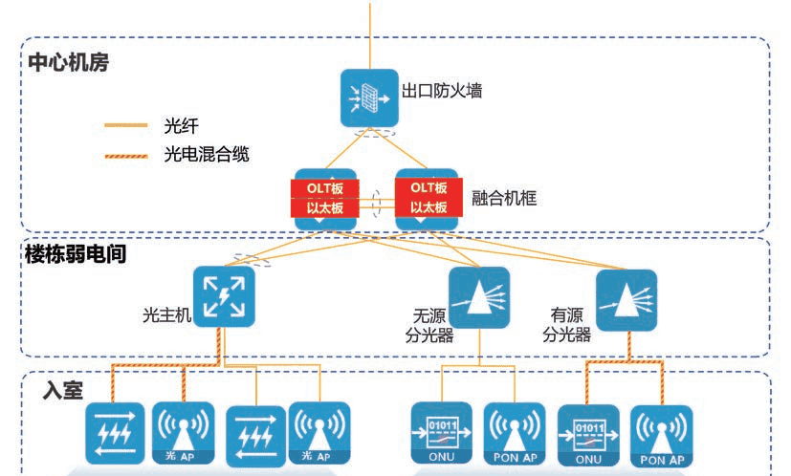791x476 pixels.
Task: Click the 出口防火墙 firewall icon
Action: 369,96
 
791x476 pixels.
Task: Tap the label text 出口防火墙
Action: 441,92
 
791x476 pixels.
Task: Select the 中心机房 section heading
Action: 68,64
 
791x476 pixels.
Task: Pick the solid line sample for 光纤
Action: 125,125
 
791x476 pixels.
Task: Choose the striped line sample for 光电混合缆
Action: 125,154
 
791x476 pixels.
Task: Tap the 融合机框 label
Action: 504,199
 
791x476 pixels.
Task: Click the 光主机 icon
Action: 224,296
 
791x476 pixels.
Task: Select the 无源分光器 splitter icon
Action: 478,297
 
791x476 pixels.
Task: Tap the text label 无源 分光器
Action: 428,326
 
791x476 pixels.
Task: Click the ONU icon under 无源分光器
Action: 441,435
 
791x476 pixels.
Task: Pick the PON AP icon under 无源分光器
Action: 515,435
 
